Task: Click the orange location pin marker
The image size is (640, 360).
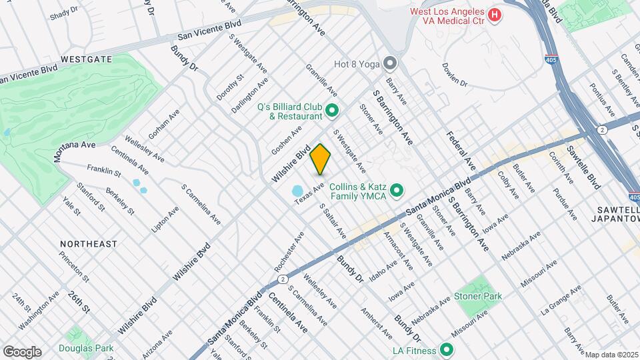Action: tap(321, 159)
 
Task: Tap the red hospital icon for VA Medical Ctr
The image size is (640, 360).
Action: tap(495, 15)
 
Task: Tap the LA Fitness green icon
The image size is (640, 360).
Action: tap(446, 350)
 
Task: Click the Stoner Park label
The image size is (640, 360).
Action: tap(477, 295)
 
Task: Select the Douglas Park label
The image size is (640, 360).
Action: tap(86, 348)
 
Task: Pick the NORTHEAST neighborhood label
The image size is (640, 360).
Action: tap(88, 244)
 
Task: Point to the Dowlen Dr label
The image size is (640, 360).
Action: tap(455, 75)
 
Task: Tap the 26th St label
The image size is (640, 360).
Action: tap(79, 301)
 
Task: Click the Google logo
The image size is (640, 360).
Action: tap(22, 352)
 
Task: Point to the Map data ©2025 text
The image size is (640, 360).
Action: tap(611, 355)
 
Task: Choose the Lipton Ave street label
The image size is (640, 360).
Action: tap(165, 219)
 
